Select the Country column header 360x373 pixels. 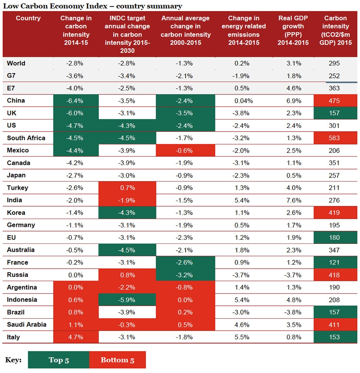coord(28,18)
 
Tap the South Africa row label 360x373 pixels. coord(26,138)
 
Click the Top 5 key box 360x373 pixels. coord(59,360)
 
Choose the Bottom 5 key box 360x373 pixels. coord(117,360)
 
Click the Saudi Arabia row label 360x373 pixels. coord(27,325)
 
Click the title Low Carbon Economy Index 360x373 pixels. coord(93,6)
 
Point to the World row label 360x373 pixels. coord(16,63)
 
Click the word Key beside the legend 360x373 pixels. coord(13,360)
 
